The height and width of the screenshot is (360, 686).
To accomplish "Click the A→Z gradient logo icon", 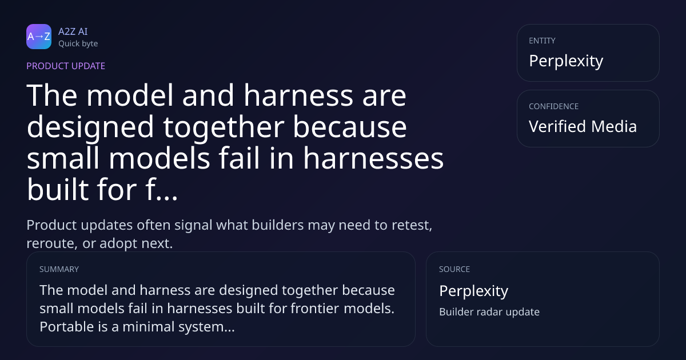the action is [x=39, y=37].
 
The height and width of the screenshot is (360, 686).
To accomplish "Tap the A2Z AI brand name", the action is [x=73, y=31].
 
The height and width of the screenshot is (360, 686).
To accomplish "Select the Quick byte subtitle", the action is [x=78, y=44].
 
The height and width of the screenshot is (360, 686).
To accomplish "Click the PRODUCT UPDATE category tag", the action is [x=66, y=66].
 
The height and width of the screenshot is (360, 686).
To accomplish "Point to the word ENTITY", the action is [x=542, y=41].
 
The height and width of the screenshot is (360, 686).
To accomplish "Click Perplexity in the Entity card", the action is [x=566, y=61].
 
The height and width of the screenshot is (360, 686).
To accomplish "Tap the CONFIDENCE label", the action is [x=554, y=106].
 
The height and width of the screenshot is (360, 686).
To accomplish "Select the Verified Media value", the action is [x=583, y=126].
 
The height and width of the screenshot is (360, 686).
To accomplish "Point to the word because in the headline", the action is [x=350, y=127].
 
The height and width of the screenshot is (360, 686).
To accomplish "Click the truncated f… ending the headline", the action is [x=162, y=189].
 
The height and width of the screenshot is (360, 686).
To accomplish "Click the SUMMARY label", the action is [x=59, y=269].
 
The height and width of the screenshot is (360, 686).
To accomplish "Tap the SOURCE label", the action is [x=454, y=269].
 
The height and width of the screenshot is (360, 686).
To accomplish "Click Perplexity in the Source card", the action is [x=474, y=291].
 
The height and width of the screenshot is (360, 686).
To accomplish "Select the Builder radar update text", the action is [x=489, y=312].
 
